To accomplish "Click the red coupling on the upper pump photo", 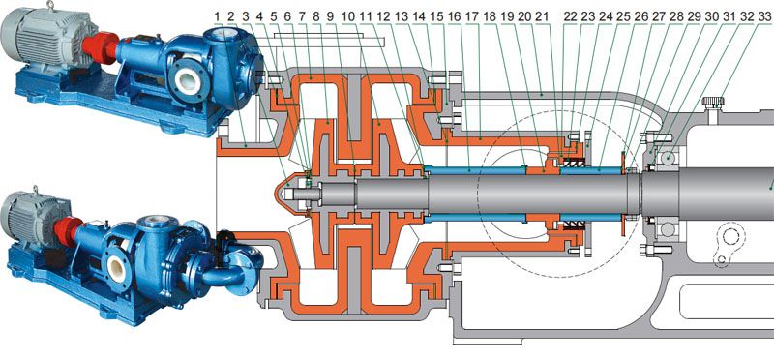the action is pyautogui.click(x=100, y=47).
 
